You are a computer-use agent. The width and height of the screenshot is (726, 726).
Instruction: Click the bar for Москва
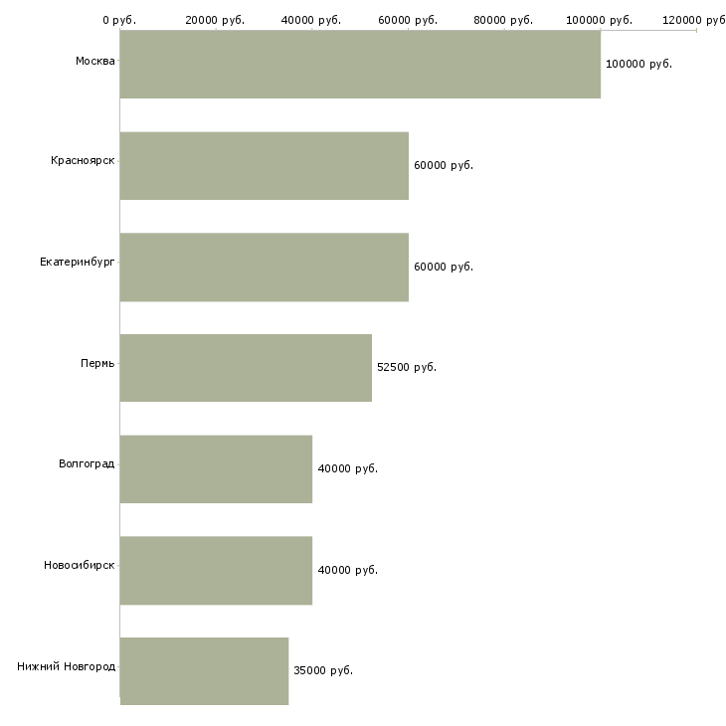(x=360, y=64)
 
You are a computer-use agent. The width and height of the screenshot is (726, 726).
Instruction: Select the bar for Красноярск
(x=265, y=165)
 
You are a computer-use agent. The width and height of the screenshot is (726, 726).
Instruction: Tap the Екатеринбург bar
(x=265, y=267)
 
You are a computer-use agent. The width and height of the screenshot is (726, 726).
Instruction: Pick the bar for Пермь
(x=246, y=368)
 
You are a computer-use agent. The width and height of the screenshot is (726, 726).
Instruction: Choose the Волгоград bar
(x=216, y=469)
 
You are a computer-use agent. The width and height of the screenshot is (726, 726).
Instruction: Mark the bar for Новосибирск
(x=216, y=571)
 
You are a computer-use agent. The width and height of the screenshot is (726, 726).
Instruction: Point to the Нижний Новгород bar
(x=204, y=671)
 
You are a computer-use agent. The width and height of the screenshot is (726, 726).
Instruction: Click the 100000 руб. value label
(x=638, y=64)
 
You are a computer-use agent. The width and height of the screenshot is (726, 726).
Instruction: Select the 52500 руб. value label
(x=407, y=368)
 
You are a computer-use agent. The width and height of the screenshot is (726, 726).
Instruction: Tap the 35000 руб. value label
(x=323, y=671)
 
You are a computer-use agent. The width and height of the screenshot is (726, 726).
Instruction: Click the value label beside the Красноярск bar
(x=444, y=166)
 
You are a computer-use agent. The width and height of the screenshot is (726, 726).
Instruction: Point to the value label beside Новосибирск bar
(x=348, y=571)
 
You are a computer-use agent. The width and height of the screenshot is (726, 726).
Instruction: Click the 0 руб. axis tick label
(x=119, y=20)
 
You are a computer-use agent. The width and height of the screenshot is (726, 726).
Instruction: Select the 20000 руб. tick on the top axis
(x=215, y=20)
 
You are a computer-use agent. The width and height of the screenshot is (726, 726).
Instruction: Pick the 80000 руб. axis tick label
(x=503, y=20)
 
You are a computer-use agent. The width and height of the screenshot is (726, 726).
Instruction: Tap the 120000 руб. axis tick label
(x=695, y=20)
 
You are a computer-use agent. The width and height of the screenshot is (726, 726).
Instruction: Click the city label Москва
(x=94, y=62)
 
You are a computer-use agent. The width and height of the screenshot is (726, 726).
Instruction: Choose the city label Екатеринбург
(x=77, y=263)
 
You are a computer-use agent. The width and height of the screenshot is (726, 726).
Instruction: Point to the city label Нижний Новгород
(x=66, y=666)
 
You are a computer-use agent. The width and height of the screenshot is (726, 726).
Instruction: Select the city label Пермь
(x=97, y=364)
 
